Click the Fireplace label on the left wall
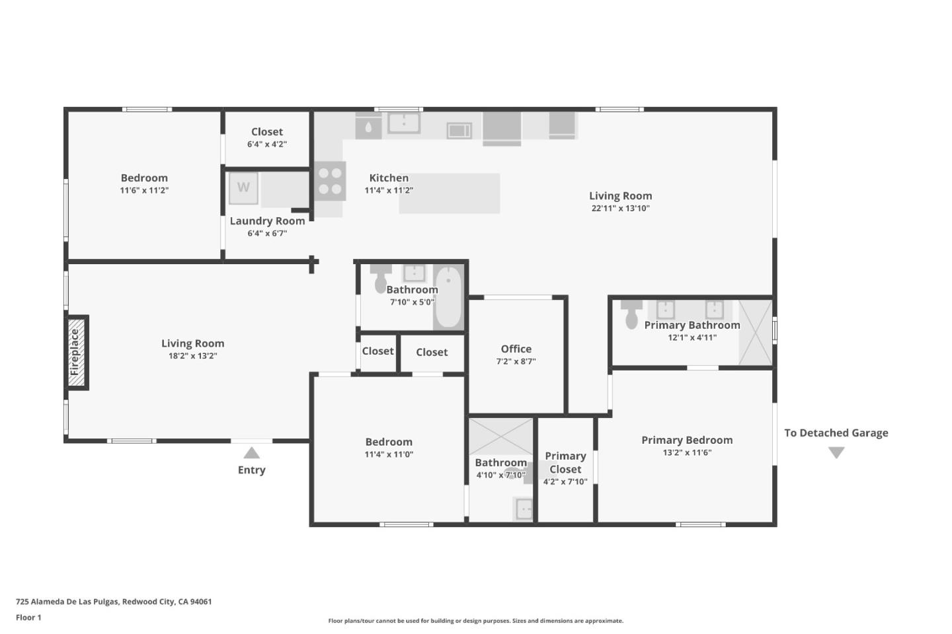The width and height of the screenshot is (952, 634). pyautogui.click(x=75, y=352)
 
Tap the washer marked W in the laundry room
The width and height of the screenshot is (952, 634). pyautogui.click(x=243, y=188)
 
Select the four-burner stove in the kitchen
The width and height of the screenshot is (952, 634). pyautogui.click(x=329, y=181)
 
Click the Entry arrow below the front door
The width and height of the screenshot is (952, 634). pyautogui.click(x=251, y=453)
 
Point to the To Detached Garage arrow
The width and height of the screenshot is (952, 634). pyautogui.click(x=836, y=453)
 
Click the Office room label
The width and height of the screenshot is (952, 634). pyautogui.click(x=516, y=349)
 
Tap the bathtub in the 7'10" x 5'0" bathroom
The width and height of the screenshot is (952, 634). pyautogui.click(x=448, y=297)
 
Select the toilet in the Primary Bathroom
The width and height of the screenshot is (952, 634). pyautogui.click(x=631, y=315)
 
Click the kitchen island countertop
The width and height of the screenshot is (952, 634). pyautogui.click(x=450, y=194)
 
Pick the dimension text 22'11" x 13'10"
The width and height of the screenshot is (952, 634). pyautogui.click(x=620, y=209)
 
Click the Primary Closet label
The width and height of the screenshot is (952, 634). pyautogui.click(x=565, y=462)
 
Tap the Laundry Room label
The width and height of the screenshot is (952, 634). pyautogui.click(x=267, y=221)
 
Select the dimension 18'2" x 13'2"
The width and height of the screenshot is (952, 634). pyautogui.click(x=192, y=356)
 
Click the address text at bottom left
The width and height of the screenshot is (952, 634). pyautogui.click(x=114, y=602)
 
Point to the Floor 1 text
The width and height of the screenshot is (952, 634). pyautogui.click(x=28, y=617)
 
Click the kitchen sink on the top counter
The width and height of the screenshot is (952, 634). pyautogui.click(x=403, y=123)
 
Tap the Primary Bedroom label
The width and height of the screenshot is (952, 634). pyautogui.click(x=687, y=440)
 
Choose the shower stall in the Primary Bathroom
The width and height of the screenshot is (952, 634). pyautogui.click(x=755, y=332)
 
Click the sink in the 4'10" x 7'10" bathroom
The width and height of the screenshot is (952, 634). pyautogui.click(x=524, y=509)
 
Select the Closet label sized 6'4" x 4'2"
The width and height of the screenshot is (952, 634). pyautogui.click(x=267, y=132)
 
